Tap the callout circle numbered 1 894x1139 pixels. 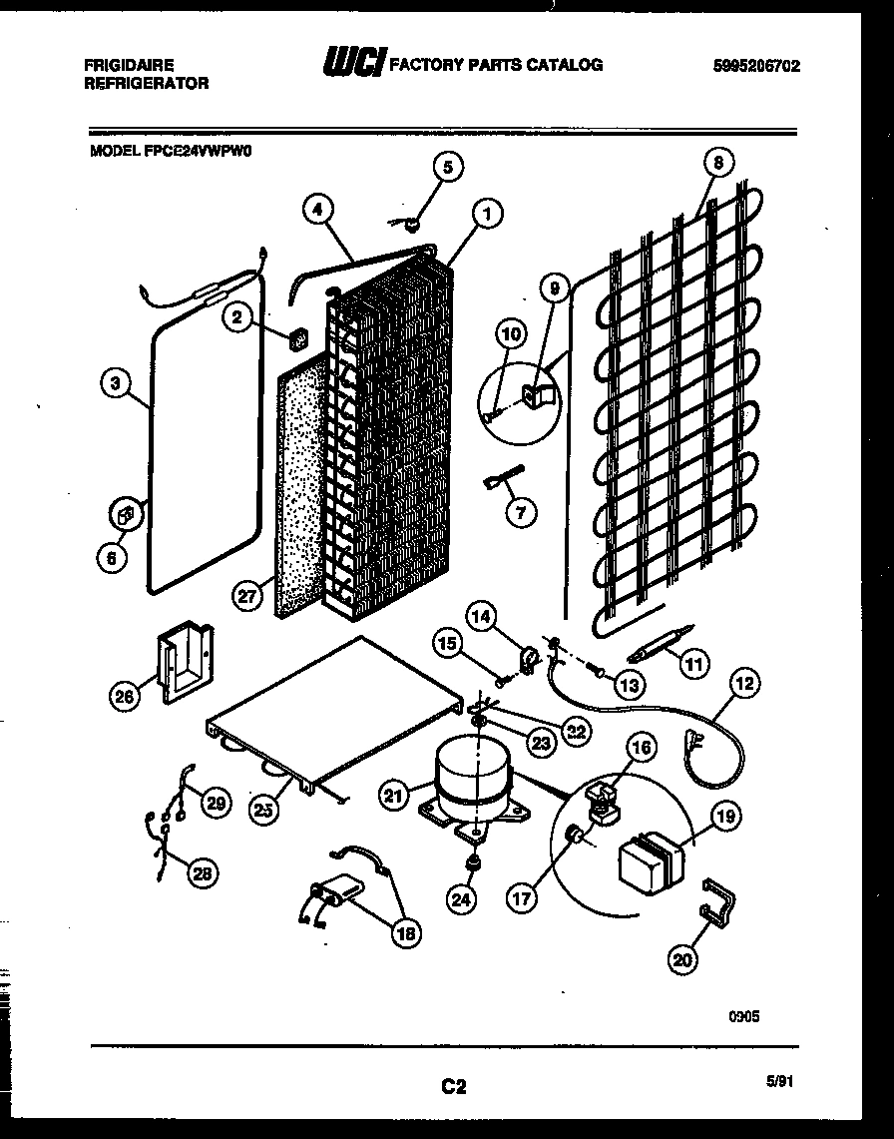(x=487, y=212)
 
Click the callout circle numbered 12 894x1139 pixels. (x=745, y=684)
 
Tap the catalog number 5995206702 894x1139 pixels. (x=757, y=67)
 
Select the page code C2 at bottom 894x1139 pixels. (x=454, y=1087)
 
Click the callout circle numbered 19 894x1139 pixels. (x=725, y=816)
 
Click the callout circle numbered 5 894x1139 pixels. (x=447, y=168)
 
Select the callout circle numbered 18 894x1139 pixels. (x=405, y=933)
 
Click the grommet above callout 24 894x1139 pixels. (x=475, y=859)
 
